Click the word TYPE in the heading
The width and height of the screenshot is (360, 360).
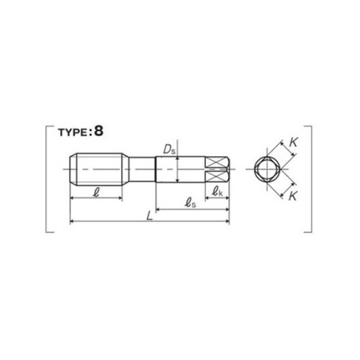click(73, 132)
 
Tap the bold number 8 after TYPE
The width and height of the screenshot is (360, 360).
click(99, 131)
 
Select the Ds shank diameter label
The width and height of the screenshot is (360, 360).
click(169, 149)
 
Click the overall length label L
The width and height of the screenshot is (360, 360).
click(150, 216)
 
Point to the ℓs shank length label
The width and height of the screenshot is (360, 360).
click(190, 203)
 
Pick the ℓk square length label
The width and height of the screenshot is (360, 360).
click(217, 192)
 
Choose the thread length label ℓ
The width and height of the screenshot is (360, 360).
click(96, 192)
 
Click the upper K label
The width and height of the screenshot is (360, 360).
click(293, 143)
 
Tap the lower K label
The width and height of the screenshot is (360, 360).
click(293, 196)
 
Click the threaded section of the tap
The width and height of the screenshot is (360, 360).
click(97, 169)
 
